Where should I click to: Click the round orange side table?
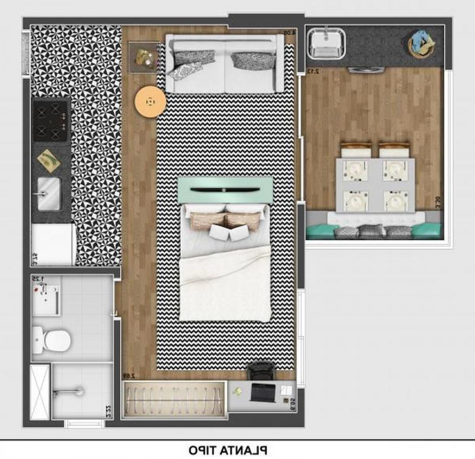pyautogui.click(x=150, y=102)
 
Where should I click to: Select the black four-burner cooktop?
pyautogui.click(x=50, y=120)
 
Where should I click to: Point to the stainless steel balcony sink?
pyautogui.click(x=327, y=43)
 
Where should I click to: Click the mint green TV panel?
pyautogui.click(x=224, y=190)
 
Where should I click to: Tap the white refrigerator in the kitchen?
pyautogui.click(x=53, y=244)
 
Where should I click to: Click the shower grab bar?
pyautogui.click(x=68, y=392)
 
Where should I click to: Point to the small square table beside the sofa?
pyautogui.click(x=143, y=58)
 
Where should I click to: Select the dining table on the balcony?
pyautogui.click(x=375, y=184)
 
